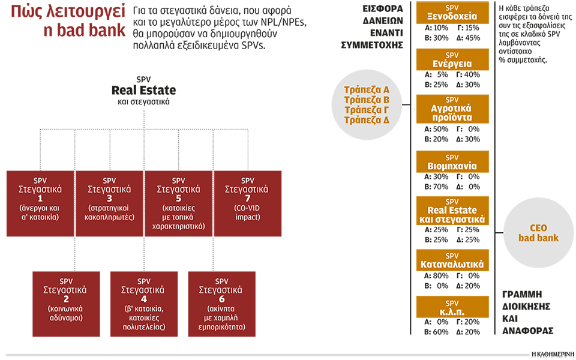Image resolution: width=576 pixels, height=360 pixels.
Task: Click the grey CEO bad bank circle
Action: tap(538, 233)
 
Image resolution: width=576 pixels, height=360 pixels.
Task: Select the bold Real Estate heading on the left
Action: tap(143, 91)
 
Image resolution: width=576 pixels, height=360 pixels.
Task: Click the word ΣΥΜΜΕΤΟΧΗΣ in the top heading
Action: tap(371, 44)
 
